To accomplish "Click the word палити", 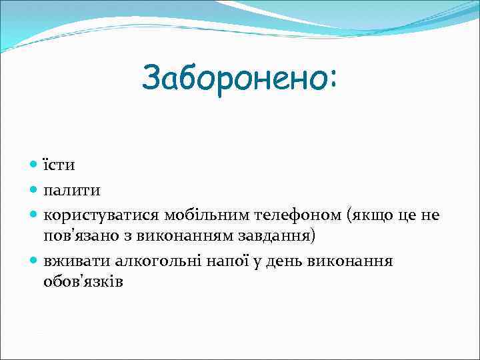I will click(x=72, y=190).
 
